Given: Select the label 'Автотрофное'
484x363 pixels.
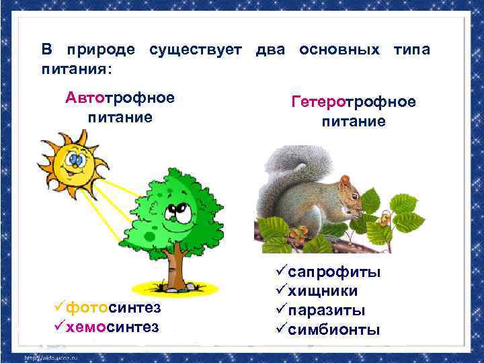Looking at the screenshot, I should click(x=120, y=98).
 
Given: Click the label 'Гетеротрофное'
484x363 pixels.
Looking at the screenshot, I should click(x=354, y=102).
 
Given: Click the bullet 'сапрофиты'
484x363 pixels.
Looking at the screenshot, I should click(x=329, y=272).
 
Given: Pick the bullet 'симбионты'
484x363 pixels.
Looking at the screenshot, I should click(x=329, y=329).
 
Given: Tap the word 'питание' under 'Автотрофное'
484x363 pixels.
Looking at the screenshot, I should click(x=120, y=117).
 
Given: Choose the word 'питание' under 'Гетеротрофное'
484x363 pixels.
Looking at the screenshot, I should click(x=354, y=121).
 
